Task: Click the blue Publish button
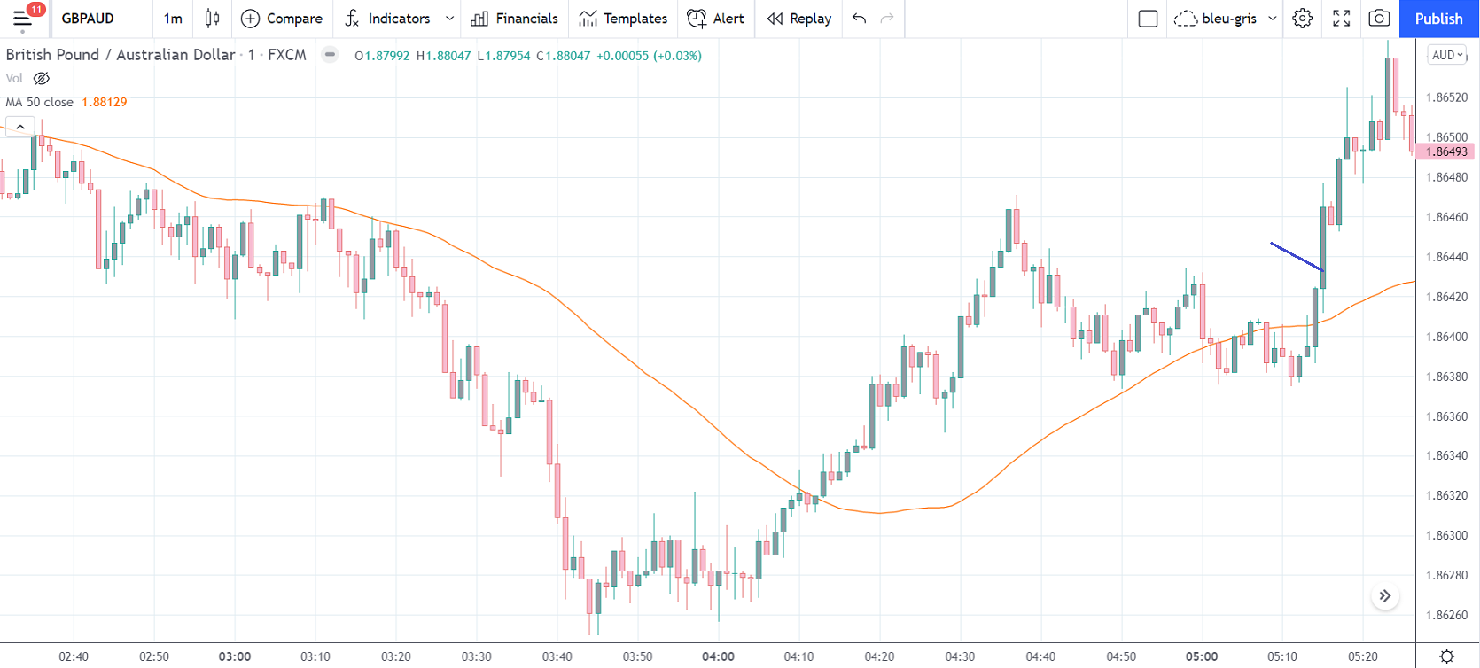(x=1438, y=19)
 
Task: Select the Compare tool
(x=282, y=19)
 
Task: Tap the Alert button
(x=716, y=19)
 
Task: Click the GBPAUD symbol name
(x=88, y=19)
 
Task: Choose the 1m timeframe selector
(x=173, y=19)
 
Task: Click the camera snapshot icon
(x=1379, y=19)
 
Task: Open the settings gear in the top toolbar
(x=1302, y=19)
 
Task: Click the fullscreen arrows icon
(x=1342, y=19)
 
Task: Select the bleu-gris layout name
(x=1228, y=19)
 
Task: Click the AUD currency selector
(x=1447, y=55)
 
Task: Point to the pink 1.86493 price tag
(x=1446, y=151)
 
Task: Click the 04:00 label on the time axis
(x=718, y=656)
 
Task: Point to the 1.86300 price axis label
(x=1446, y=535)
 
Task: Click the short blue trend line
(x=1296, y=256)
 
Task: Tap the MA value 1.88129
(x=105, y=102)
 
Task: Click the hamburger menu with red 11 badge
(x=23, y=19)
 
